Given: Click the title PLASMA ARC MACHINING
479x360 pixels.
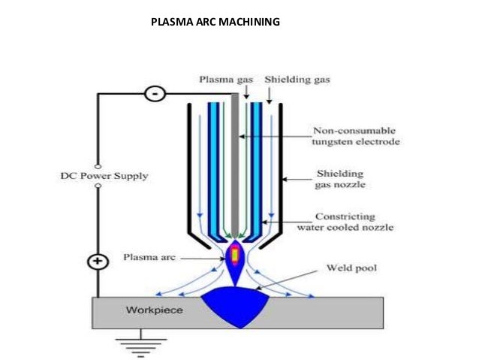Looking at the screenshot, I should (x=215, y=22).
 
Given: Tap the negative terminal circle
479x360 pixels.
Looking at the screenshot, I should (x=155, y=95).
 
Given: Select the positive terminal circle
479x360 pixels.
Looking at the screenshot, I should (x=98, y=262).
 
